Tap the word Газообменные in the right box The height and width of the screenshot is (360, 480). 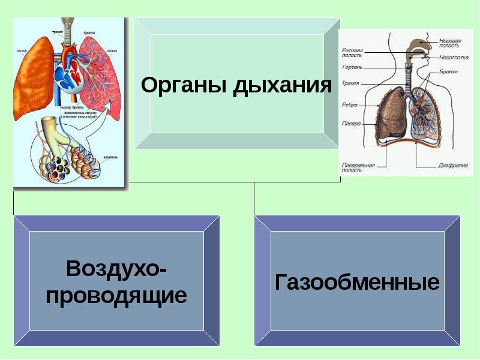(x=357, y=282)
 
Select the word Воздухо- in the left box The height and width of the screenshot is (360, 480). (x=116, y=268)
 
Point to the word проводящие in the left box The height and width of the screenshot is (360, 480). (x=116, y=295)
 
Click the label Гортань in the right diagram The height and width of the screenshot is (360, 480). (x=351, y=67)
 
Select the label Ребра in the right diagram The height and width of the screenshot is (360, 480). (x=349, y=104)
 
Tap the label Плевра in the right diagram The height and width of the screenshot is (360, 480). (x=350, y=124)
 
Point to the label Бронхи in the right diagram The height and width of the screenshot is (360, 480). (x=448, y=71)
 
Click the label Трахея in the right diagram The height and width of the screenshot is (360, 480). (x=351, y=83)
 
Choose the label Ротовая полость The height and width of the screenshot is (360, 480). (x=352, y=53)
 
